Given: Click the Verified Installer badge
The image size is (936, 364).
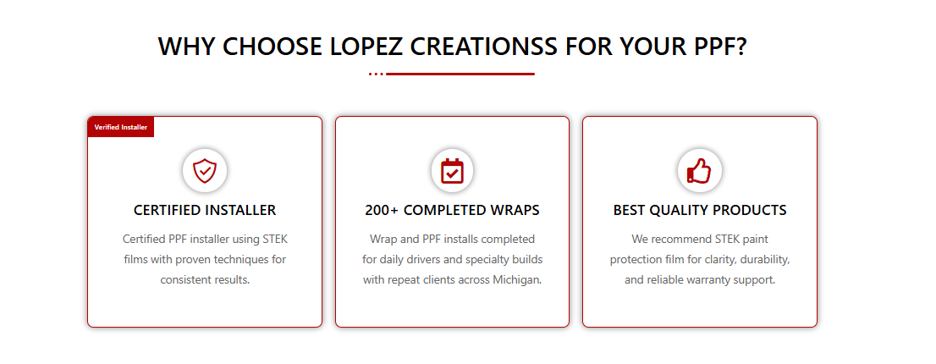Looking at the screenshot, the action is pyautogui.click(x=120, y=126).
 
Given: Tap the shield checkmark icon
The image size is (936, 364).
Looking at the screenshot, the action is pyautogui.click(x=205, y=171).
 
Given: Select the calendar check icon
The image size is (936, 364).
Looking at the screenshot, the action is pyautogui.click(x=452, y=171).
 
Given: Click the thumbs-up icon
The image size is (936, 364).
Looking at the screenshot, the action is pyautogui.click(x=699, y=171).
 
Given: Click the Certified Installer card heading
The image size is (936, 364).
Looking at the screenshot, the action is pyautogui.click(x=205, y=211).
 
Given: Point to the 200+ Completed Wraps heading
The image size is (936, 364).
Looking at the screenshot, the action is pyautogui.click(x=452, y=211).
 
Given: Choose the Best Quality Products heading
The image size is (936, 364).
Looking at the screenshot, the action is pyautogui.click(x=700, y=211).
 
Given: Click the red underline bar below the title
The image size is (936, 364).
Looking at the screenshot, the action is pyautogui.click(x=460, y=74).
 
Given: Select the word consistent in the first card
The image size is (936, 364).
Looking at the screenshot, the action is pyautogui.click(x=185, y=280).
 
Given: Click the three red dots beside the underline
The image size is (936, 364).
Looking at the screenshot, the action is pyautogui.click(x=376, y=74).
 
